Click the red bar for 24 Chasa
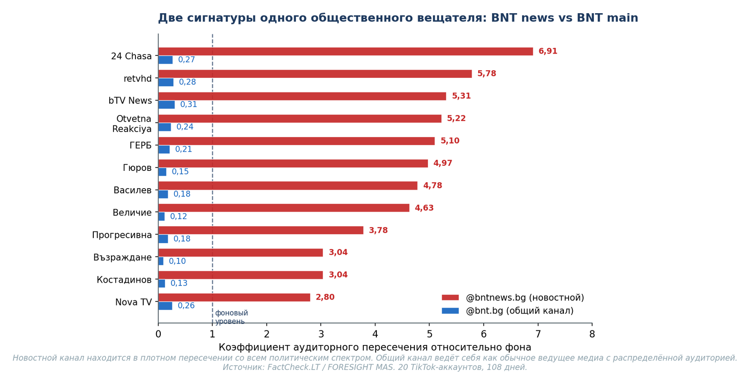[345, 52]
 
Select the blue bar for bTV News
[166, 105]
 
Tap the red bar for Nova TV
[234, 298]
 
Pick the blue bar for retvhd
[166, 83]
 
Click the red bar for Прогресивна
[261, 230]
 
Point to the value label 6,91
[547, 52]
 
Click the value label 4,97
[442, 163]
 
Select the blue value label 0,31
[188, 105]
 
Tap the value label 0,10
[177, 261]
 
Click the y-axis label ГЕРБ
[141, 146]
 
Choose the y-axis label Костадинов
[124, 280]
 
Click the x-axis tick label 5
[429, 334]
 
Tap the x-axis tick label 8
[592, 334]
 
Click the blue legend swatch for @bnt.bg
[450, 311]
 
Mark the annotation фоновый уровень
[231, 317]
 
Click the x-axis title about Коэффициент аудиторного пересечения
[375, 347]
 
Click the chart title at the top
[398, 18]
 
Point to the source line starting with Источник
[375, 367]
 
